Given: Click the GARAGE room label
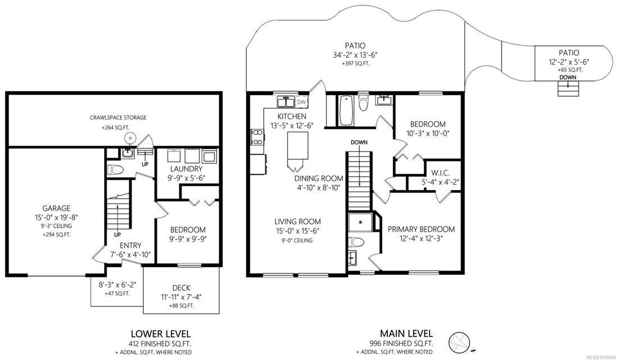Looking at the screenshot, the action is point(56,208).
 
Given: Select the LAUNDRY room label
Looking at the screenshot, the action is point(187,169).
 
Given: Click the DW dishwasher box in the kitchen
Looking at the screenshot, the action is point(301,102).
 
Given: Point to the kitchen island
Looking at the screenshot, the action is point(297,146).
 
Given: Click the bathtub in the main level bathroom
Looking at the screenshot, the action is point(346,110).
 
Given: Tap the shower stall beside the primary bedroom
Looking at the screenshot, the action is point(360,222).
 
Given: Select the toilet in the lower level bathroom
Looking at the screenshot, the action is point(115,170).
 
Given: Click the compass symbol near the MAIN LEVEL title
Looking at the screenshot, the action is point(459,341).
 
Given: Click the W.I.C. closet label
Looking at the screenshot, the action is point(440,173).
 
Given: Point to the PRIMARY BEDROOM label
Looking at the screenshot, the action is point(421,229).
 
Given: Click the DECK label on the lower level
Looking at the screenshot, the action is point(181,288).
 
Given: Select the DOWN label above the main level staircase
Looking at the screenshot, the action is point(359,142).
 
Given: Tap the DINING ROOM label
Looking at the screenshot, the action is point(319,179).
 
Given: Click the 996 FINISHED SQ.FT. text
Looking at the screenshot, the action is point(401,344).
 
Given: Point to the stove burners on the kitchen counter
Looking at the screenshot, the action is point(257,137).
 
